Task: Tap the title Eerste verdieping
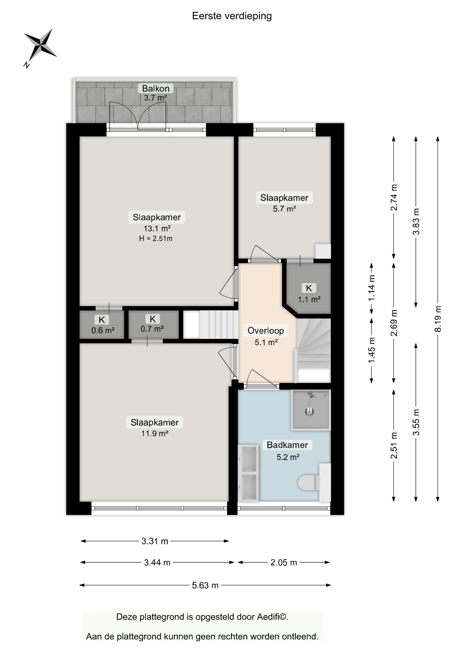[x=232, y=16]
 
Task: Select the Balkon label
[x=156, y=88]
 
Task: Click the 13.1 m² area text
[x=157, y=228]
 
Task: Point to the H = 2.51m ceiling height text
[x=156, y=238]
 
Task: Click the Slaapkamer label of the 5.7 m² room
[x=284, y=198]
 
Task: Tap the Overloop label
[x=266, y=331]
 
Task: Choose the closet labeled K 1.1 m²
[x=309, y=288]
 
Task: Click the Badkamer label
[x=287, y=445]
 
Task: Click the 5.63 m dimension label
[x=205, y=585]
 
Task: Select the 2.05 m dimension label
[x=284, y=562]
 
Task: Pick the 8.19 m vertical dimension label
[x=438, y=319]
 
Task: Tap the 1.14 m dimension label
[x=371, y=288]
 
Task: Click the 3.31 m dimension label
[x=155, y=541]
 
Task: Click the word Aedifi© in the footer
[x=273, y=617]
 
